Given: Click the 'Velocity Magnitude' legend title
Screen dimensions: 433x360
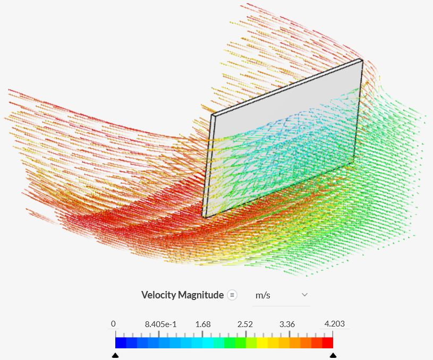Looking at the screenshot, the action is [x=183, y=295].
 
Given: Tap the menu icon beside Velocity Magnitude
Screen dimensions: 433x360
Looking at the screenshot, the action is [x=232, y=295].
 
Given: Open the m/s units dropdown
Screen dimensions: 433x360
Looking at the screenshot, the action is [x=281, y=295].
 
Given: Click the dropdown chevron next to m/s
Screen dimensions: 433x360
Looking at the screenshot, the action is [x=304, y=295].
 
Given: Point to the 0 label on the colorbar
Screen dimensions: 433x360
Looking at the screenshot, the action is [x=113, y=324].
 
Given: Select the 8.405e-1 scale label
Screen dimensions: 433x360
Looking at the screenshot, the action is [x=161, y=324].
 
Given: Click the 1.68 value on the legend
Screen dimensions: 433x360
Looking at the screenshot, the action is [x=203, y=324].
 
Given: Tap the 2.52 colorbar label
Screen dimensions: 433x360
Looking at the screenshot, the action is [x=245, y=324].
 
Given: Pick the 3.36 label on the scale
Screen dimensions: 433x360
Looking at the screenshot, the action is [x=287, y=324].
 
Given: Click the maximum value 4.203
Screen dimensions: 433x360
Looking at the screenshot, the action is [x=335, y=324].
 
